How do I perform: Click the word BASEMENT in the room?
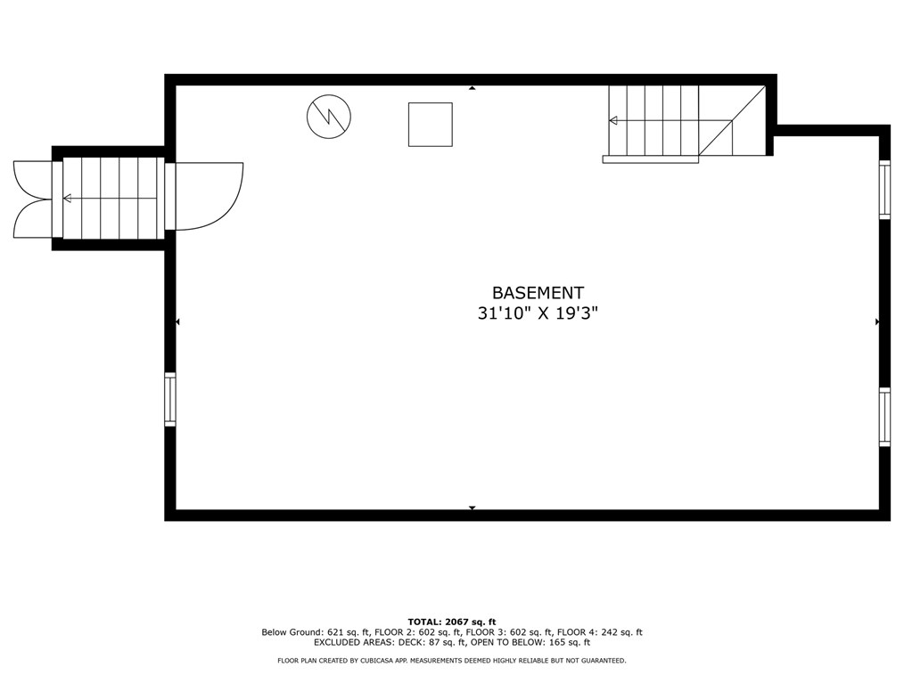point(538,293)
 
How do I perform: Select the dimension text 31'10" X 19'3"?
point(538,314)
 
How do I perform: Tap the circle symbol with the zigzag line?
point(329,117)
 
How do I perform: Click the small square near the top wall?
point(431,125)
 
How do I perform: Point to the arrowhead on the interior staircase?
point(612,120)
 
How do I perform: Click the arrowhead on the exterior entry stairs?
point(67,199)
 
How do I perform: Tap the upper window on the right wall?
point(884,189)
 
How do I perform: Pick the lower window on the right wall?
point(884,417)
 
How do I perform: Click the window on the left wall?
point(170,399)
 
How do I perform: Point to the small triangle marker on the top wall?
point(472,89)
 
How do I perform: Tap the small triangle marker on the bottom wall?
point(472,508)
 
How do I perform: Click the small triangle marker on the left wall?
point(178,321)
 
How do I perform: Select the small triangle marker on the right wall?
point(877,321)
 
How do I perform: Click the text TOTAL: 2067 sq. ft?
point(451,622)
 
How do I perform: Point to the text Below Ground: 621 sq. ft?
point(308,632)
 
